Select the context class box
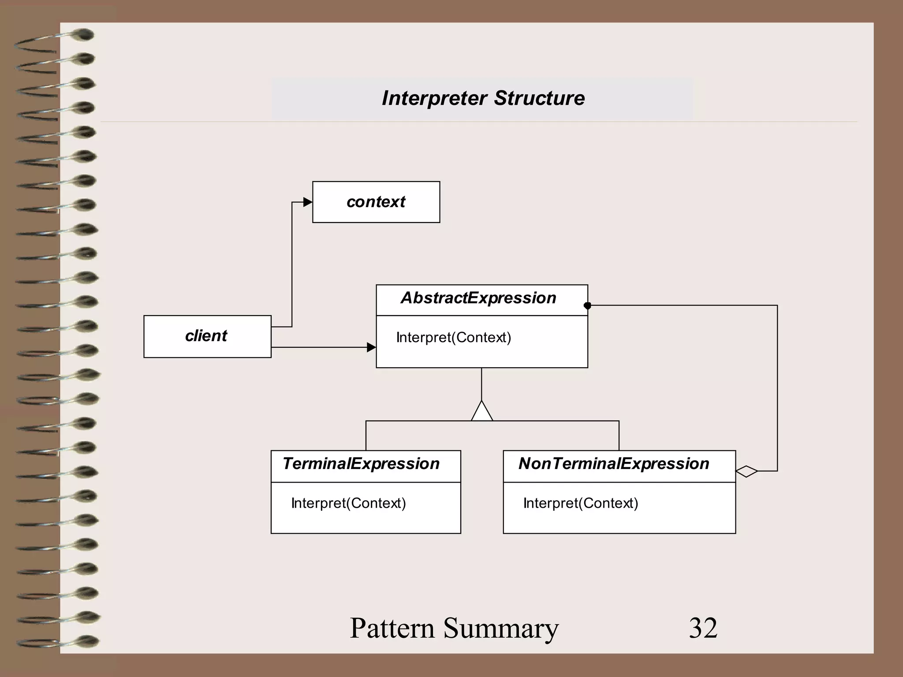coord(376,202)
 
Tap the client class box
coord(207,336)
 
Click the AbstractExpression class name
coord(478,298)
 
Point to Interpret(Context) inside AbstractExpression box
coord(453,338)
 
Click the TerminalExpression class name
coord(361,464)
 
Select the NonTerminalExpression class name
coord(614,464)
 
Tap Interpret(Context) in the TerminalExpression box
coord(348,503)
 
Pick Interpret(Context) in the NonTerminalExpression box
coord(580,503)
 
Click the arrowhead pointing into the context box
coord(308,202)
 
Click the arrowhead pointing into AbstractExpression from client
coord(371,347)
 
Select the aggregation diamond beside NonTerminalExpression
coord(746,471)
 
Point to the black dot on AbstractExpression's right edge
coord(587,305)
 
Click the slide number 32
coord(703,628)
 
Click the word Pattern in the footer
coord(392,628)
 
